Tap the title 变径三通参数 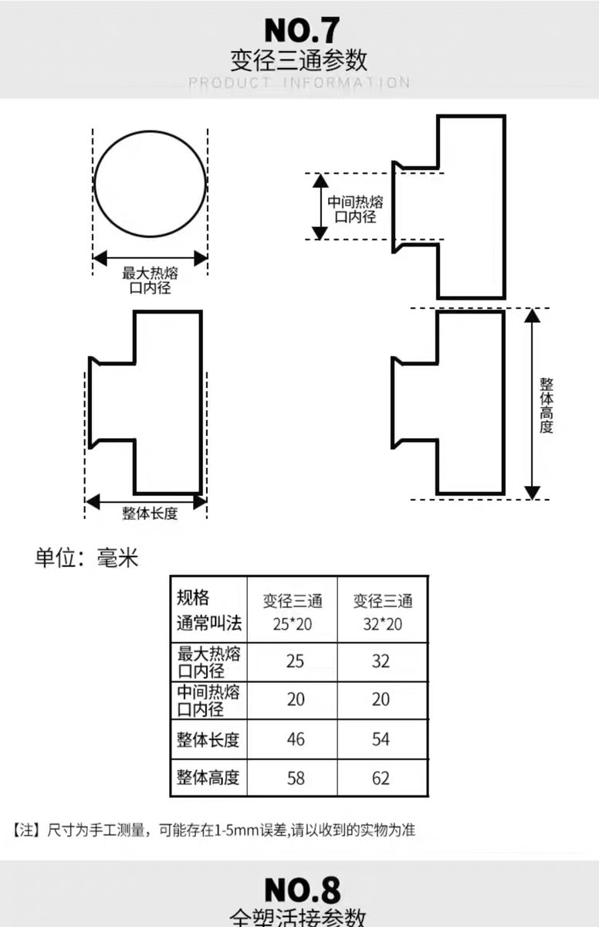299,59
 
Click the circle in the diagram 150,183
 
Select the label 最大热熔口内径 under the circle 150,280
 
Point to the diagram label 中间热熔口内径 355,209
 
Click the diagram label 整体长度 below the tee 150,514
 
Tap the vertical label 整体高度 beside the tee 547,405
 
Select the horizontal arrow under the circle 150,258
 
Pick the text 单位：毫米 86,558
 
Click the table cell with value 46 295,739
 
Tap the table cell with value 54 381,739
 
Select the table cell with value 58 295,778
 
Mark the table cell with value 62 381,778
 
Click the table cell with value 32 381,662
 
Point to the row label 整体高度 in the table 208,777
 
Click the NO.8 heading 302,890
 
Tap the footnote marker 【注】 25,831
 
